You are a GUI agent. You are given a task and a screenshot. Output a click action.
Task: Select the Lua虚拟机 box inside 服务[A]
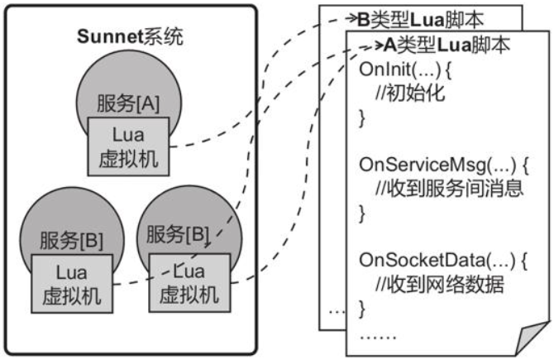point(128,146)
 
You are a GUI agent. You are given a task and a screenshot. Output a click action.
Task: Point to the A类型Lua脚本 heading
point(447,45)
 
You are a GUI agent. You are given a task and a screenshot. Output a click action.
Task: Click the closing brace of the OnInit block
point(361,118)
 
